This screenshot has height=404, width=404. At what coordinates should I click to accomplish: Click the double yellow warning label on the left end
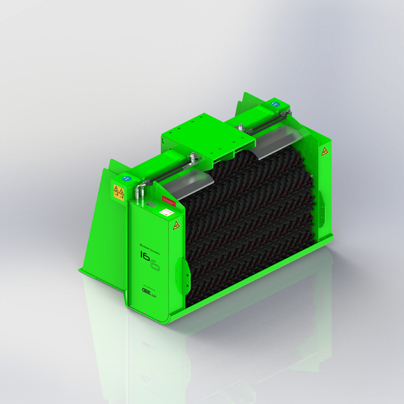pos(119,191)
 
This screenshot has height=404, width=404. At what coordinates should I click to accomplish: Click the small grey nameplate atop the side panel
pos(149,204)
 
